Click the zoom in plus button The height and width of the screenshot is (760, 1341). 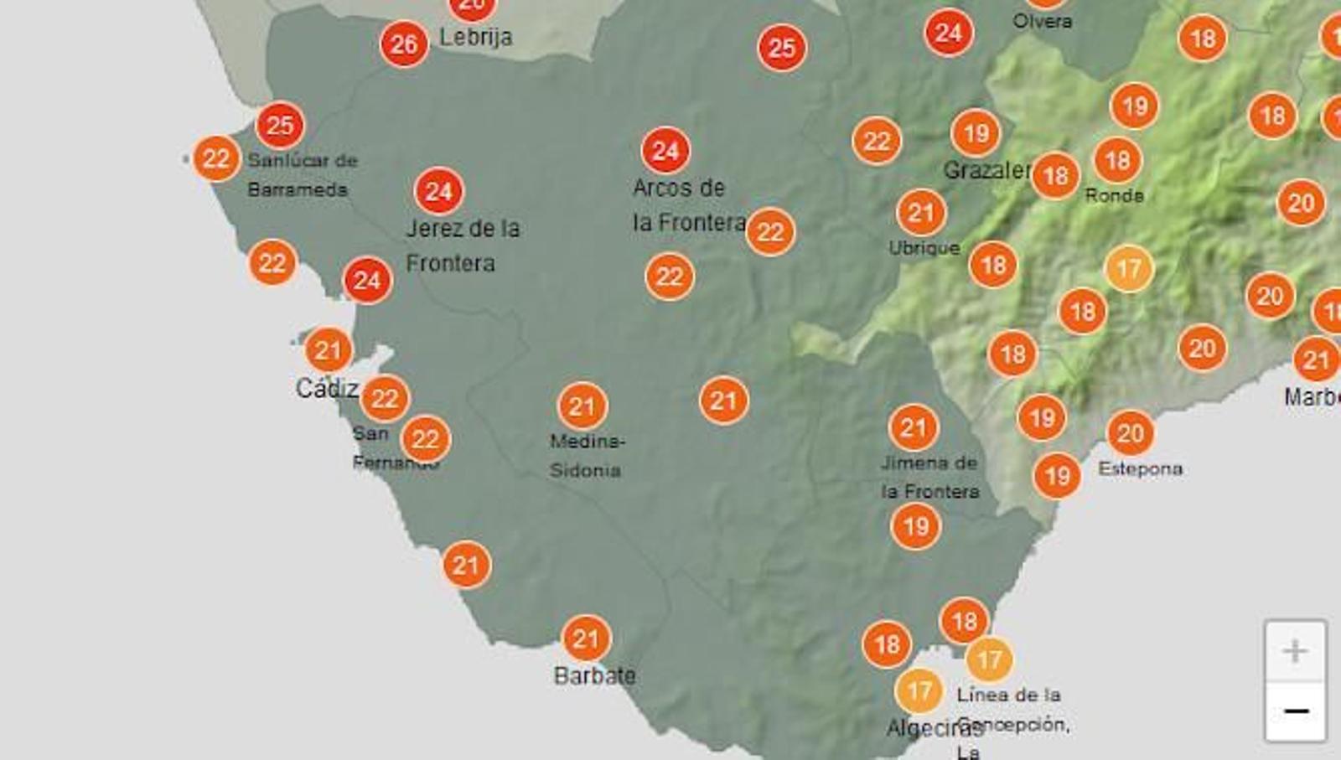pyautogui.click(x=1295, y=651)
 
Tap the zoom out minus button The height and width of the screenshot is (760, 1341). pyautogui.click(x=1295, y=711)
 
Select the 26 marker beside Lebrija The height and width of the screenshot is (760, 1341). pyautogui.click(x=404, y=44)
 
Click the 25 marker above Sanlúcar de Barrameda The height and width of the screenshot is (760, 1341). pyautogui.click(x=280, y=126)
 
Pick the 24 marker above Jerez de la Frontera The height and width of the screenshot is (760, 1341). pyautogui.click(x=438, y=192)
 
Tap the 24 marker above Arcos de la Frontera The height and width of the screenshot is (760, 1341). pyautogui.click(x=665, y=151)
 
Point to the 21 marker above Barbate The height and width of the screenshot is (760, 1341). pyautogui.click(x=586, y=639)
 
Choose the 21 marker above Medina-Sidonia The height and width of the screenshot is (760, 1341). pyautogui.click(x=582, y=407)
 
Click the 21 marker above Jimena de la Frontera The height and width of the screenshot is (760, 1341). pyautogui.click(x=913, y=428)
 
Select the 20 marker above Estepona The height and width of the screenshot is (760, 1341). pyautogui.click(x=1130, y=433)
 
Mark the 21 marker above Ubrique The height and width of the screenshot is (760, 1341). pyautogui.click(x=920, y=213)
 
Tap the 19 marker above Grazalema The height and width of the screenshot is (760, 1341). pyautogui.click(x=976, y=133)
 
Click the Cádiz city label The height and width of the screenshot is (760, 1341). pyautogui.click(x=327, y=388)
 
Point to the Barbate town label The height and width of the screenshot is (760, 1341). pyautogui.click(x=594, y=675)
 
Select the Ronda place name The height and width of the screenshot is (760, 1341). pyautogui.click(x=1114, y=195)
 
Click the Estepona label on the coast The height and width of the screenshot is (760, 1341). pyautogui.click(x=1140, y=468)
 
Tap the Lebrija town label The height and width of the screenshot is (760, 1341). pyautogui.click(x=475, y=37)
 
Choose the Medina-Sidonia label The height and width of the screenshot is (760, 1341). pyautogui.click(x=587, y=455)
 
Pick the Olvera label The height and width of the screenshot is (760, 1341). pyautogui.click(x=1042, y=21)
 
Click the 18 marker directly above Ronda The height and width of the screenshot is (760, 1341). pyautogui.click(x=1117, y=160)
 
